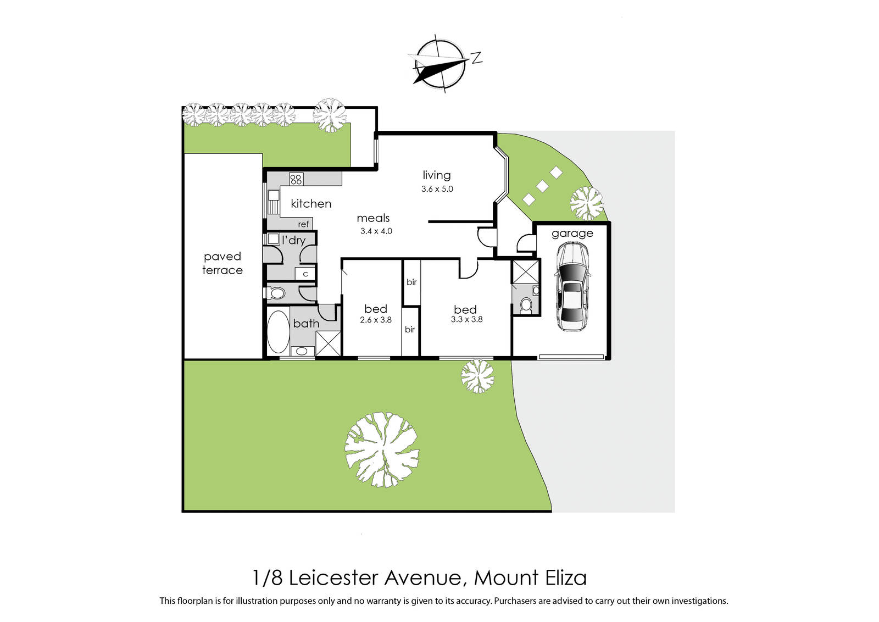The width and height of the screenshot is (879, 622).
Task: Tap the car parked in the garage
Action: pyautogui.click(x=572, y=286)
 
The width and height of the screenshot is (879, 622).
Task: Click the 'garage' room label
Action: pyautogui.click(x=572, y=233)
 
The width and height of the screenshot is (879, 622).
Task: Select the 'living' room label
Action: pyautogui.click(x=437, y=175)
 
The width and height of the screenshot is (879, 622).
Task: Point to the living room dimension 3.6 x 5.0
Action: pyautogui.click(x=437, y=189)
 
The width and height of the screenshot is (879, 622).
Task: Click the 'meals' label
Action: pyautogui.click(x=373, y=218)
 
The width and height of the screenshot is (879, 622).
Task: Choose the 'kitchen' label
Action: pyautogui.click(x=311, y=204)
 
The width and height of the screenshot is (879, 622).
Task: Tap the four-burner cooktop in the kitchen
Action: pyautogui.click(x=296, y=179)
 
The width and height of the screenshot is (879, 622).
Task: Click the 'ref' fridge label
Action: pyautogui.click(x=303, y=224)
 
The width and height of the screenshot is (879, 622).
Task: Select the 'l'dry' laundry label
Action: pyautogui.click(x=293, y=240)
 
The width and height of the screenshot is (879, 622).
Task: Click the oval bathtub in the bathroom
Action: pyautogui.click(x=278, y=331)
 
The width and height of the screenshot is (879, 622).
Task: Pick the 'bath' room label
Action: pyautogui.click(x=306, y=324)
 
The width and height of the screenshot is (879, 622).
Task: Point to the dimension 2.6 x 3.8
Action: pyautogui.click(x=376, y=320)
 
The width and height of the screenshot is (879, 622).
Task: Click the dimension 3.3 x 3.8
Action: pyautogui.click(x=466, y=319)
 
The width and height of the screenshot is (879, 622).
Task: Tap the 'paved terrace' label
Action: pyautogui.click(x=222, y=263)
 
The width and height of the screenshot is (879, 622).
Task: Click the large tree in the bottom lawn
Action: pyautogui.click(x=382, y=449)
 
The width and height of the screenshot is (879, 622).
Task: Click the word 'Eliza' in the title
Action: pyautogui.click(x=566, y=578)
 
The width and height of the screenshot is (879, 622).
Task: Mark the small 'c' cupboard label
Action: pyautogui.click(x=305, y=274)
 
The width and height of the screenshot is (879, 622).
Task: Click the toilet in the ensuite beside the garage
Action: pyautogui.click(x=526, y=304)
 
